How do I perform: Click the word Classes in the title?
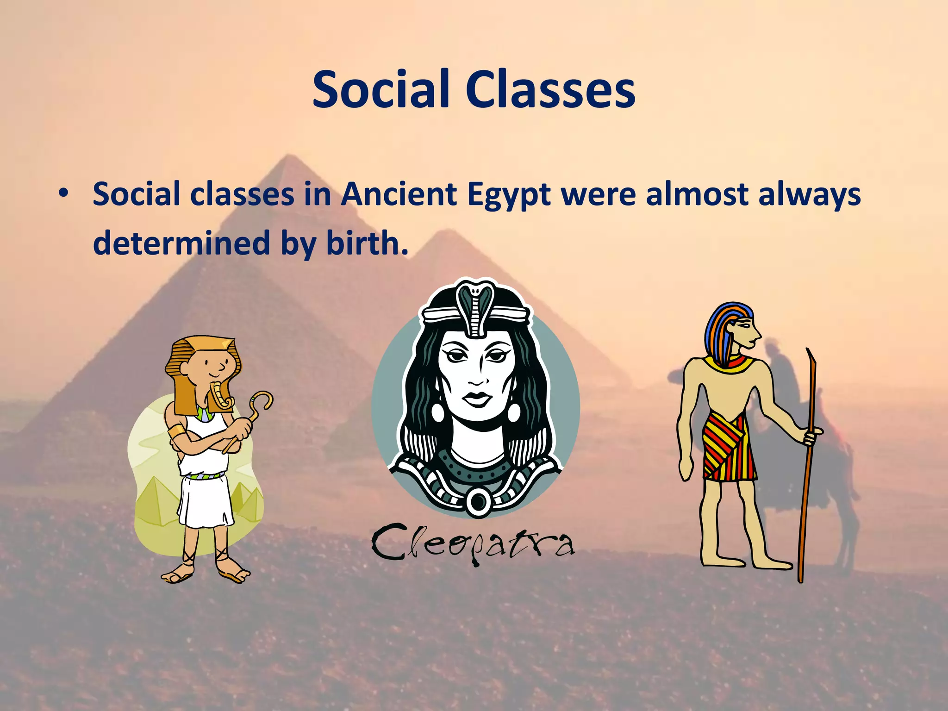pos(550,89)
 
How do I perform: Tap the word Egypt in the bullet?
pos(509,194)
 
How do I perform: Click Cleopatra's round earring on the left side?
pos(437,412)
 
